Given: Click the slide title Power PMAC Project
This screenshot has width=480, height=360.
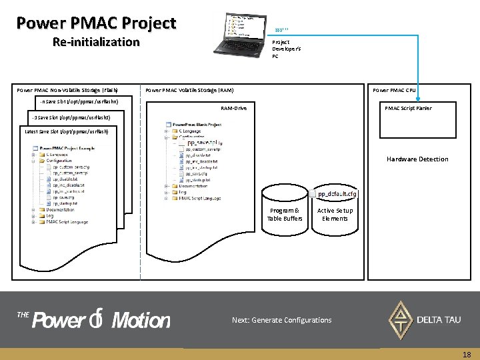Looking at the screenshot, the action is pos(96,23).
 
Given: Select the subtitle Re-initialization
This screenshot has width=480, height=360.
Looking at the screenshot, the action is pos(96,42).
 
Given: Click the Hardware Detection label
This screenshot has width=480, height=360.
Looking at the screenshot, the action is pos(417,159).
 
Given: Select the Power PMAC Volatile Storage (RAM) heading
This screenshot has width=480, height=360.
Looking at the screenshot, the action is pos(189,90).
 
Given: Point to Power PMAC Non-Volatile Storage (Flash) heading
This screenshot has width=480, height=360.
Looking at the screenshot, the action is pos(67,90).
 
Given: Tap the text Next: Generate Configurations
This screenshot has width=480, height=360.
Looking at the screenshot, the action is pos(281,320).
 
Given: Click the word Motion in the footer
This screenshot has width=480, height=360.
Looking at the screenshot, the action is pos(141,321).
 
